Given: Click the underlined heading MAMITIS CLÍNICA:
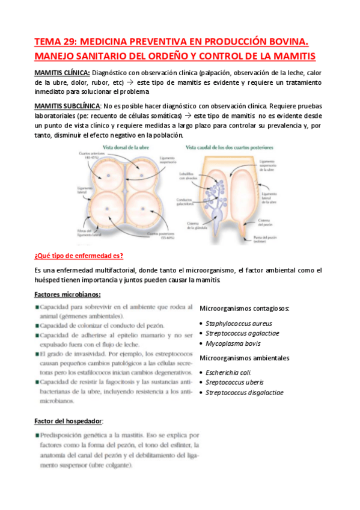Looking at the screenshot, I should point(63,73).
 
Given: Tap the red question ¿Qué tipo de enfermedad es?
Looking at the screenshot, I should point(79,256).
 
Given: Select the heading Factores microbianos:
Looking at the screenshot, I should point(67,295).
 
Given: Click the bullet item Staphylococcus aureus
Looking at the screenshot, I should point(234,323).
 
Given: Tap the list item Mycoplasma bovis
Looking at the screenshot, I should point(233,344).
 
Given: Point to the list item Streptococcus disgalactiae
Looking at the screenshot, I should point(245,393).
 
